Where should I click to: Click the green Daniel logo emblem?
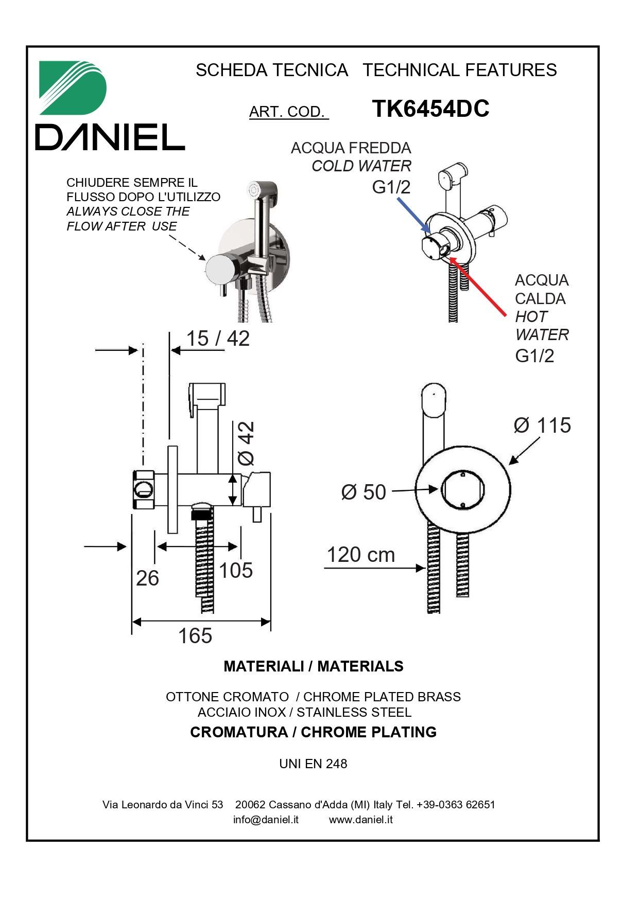click(x=72, y=87)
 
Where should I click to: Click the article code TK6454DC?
click(x=430, y=109)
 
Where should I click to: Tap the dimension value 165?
click(x=195, y=636)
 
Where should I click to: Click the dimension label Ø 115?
click(x=542, y=426)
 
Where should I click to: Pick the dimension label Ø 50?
click(x=364, y=492)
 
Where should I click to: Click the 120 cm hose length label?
click(x=361, y=555)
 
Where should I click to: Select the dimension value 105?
click(x=236, y=571)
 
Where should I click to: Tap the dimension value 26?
click(x=147, y=579)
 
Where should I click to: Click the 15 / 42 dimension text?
click(x=217, y=339)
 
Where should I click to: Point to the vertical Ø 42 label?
click(x=246, y=443)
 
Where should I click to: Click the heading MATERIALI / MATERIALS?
click(x=313, y=666)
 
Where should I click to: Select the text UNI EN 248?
click(x=313, y=764)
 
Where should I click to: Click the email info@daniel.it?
click(x=266, y=819)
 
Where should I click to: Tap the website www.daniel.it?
click(x=360, y=819)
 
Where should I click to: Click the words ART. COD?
click(x=287, y=112)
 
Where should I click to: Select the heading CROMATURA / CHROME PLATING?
click(x=313, y=732)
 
